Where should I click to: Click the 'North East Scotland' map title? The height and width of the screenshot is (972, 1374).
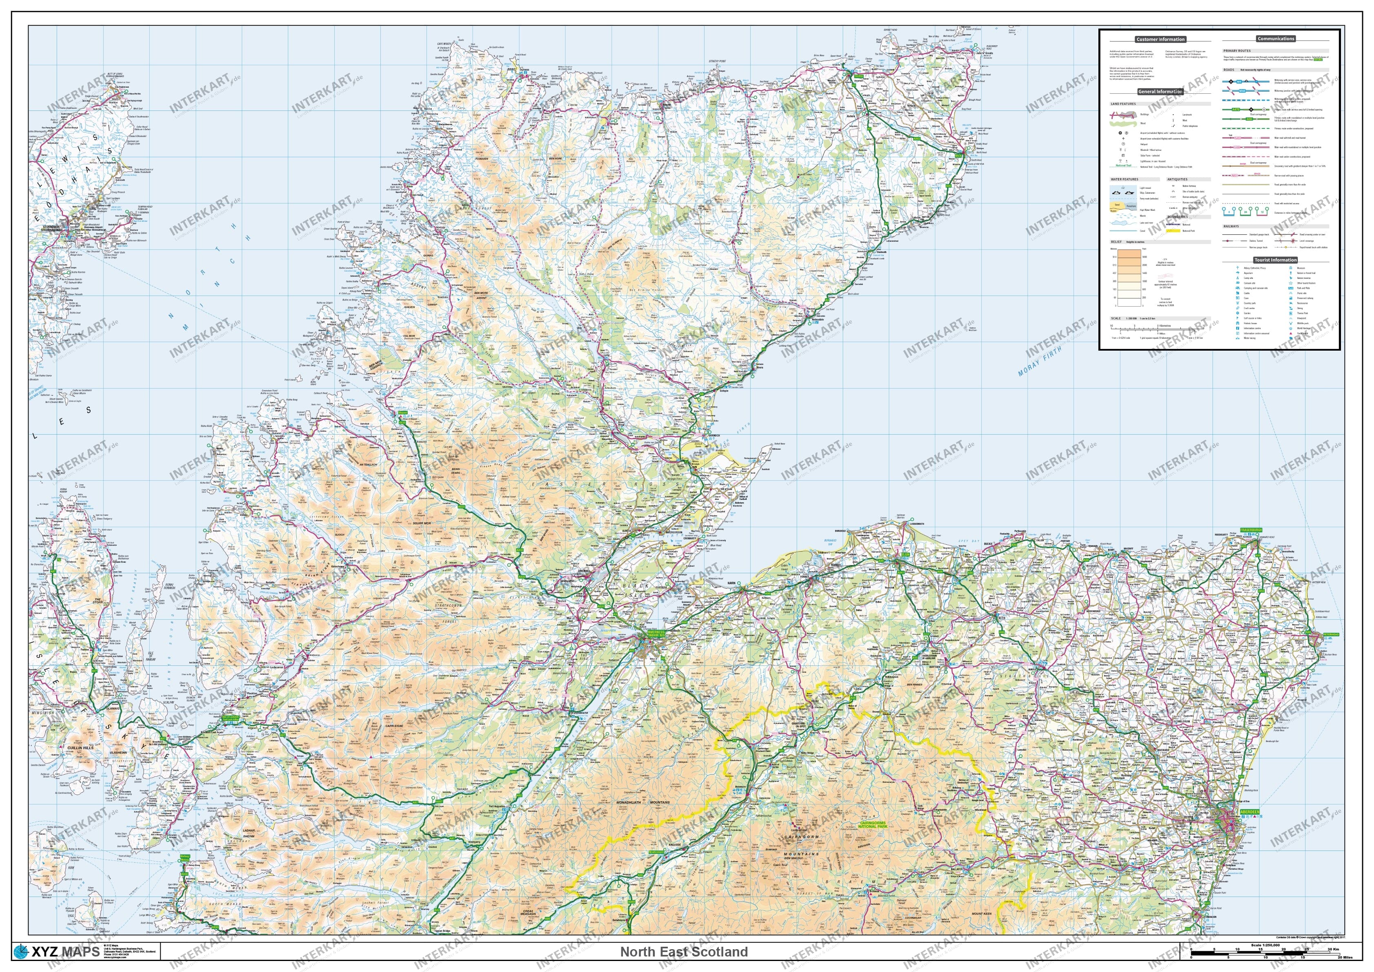pyautogui.click(x=683, y=952)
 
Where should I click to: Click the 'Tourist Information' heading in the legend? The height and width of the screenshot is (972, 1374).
pyautogui.click(x=1275, y=260)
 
